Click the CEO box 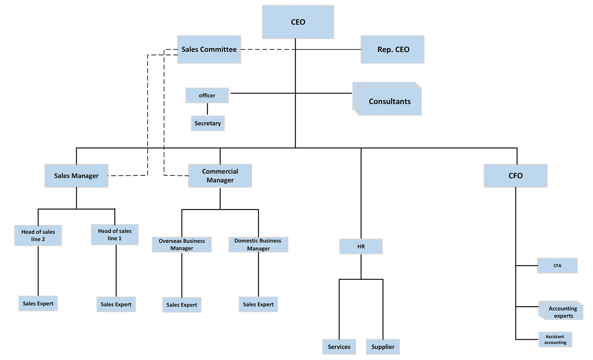[x=298, y=22]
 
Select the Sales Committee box [x=209, y=49]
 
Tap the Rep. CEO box [x=393, y=49]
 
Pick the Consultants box [x=390, y=101]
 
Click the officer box [x=207, y=96]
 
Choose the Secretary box [x=208, y=123]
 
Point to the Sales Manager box [x=76, y=176]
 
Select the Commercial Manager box [x=220, y=176]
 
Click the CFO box [x=515, y=176]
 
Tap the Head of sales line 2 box [x=38, y=235]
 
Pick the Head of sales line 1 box [x=115, y=235]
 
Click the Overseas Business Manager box [x=182, y=244]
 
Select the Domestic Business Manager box [x=258, y=244]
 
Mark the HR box [x=361, y=247]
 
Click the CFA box [x=557, y=266]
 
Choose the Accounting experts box [x=563, y=312]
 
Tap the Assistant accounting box [x=555, y=340]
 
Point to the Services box [x=339, y=347]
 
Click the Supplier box [x=383, y=347]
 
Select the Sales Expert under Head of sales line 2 [x=38, y=304]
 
